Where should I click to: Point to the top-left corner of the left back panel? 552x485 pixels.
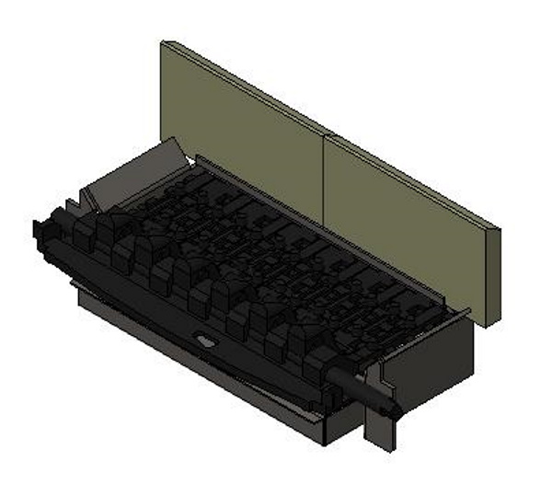(x=163, y=42)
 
